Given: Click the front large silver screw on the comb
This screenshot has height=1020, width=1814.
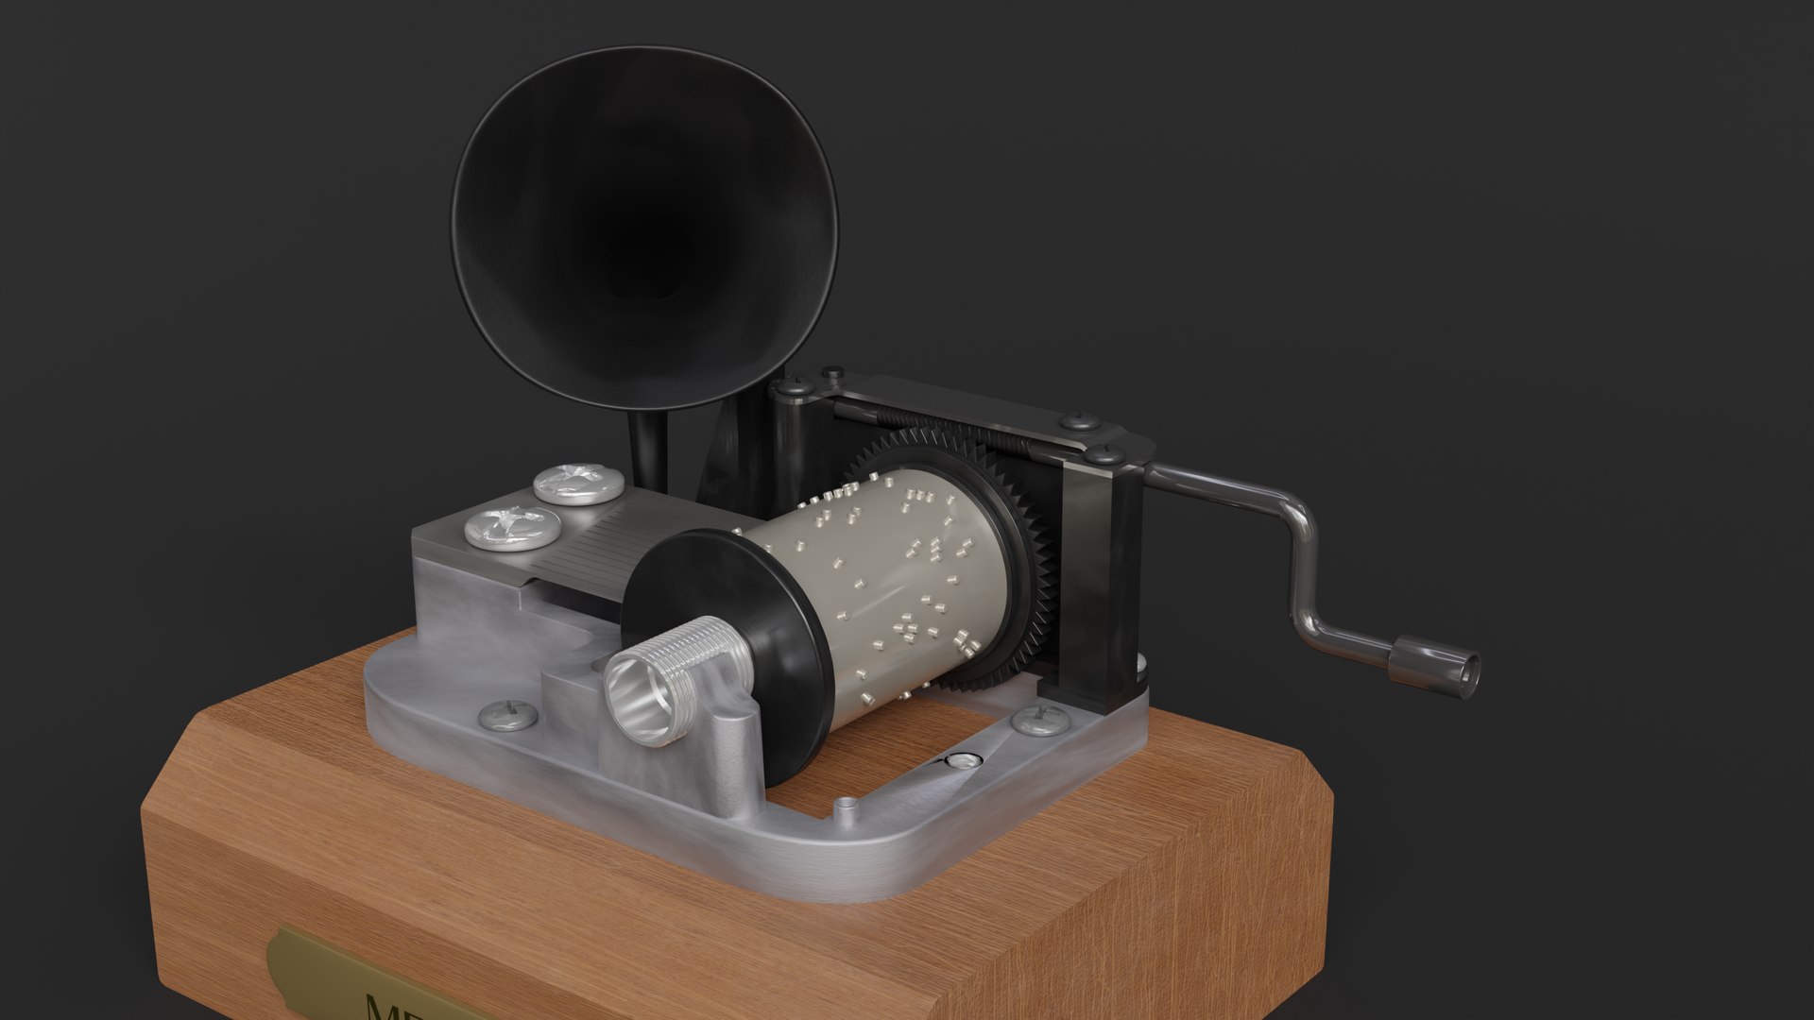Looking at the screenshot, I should click(x=511, y=527).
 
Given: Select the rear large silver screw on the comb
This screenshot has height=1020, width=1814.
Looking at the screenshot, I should click(x=578, y=483).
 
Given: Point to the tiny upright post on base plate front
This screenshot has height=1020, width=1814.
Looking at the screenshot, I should click(x=846, y=808).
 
